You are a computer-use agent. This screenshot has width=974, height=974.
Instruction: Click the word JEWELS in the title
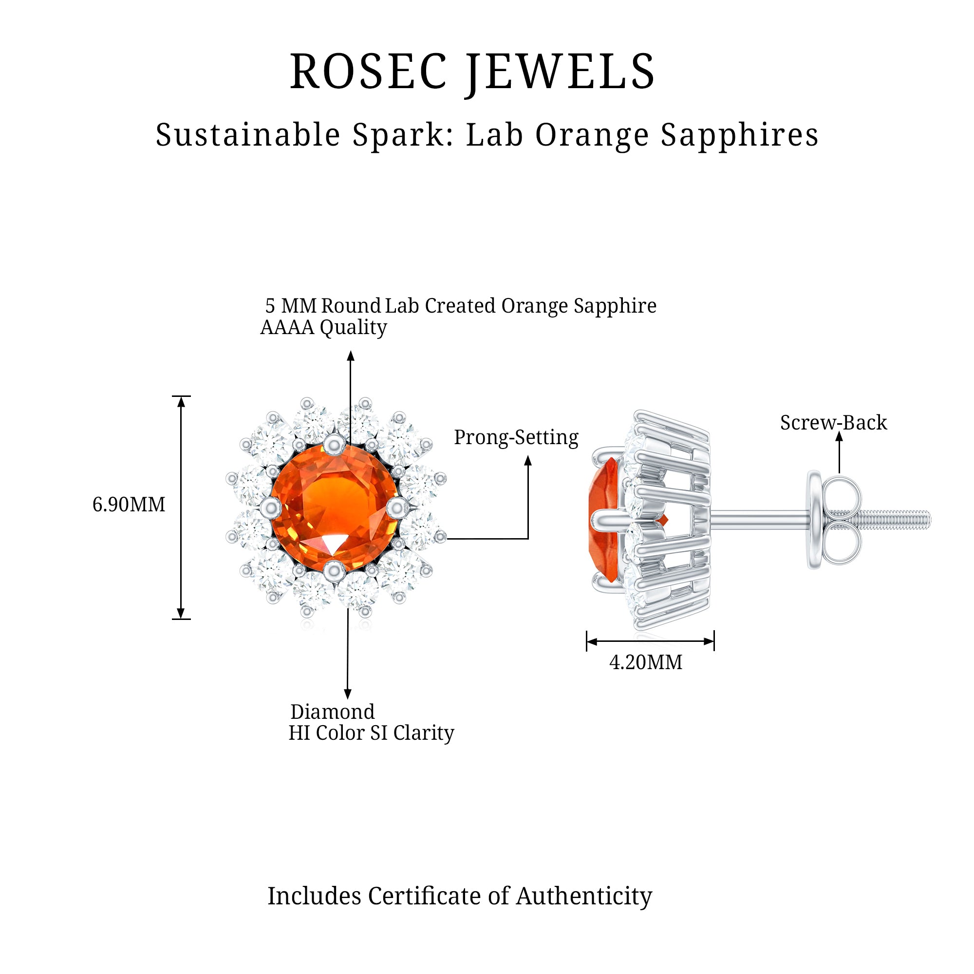coord(560,72)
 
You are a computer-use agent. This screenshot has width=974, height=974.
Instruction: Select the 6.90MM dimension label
coord(129,505)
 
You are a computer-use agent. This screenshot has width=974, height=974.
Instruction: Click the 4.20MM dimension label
coord(646,662)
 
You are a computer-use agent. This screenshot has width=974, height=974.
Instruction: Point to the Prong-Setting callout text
coord(516,438)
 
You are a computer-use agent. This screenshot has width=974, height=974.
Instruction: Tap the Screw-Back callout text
coord(833,422)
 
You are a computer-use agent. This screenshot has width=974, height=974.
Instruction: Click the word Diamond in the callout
coord(333,712)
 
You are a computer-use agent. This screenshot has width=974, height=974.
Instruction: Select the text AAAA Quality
coord(324,327)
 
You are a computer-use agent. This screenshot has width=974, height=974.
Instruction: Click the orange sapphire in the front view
coord(334,508)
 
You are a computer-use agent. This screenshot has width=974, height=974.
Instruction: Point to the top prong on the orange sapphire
coord(334,444)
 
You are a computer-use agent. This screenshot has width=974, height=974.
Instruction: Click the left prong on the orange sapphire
coord(271,507)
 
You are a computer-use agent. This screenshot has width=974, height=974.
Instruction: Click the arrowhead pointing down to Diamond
coord(348,693)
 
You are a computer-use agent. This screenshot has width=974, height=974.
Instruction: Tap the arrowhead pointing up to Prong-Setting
coord(528,460)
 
